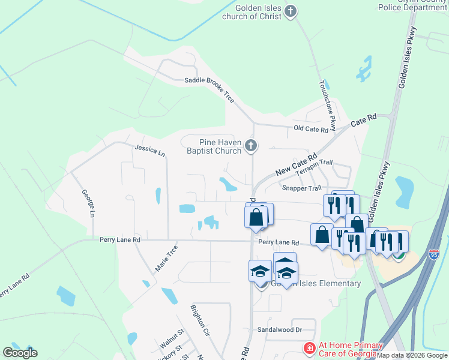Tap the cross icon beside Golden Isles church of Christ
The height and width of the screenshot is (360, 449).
(291, 11)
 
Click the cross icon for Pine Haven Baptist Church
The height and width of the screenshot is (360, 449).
(252, 145)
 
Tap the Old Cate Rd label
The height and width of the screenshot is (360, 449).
(311, 129)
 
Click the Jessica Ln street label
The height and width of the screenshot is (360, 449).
(149, 150)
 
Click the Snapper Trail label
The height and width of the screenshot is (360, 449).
(302, 188)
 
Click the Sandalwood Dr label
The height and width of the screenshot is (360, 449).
(279, 329)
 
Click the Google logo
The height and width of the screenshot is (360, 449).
(20, 352)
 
